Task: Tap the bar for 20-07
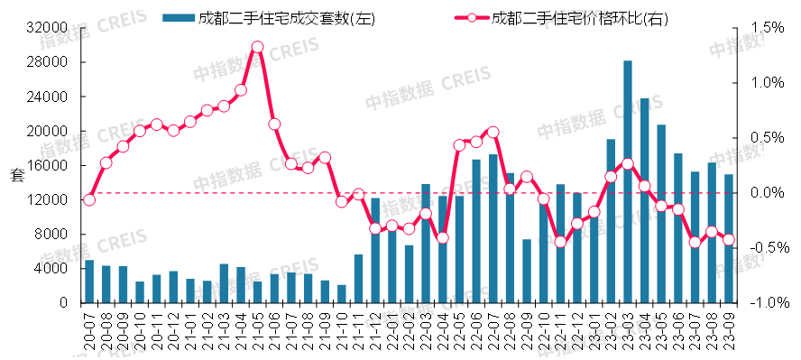point(88,282)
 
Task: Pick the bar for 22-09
point(527,272)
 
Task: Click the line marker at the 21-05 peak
point(257,47)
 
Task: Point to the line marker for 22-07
point(493,133)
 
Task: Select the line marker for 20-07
point(88,199)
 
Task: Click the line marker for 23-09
point(729,240)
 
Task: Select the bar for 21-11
point(358,279)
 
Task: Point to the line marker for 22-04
point(443,238)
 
